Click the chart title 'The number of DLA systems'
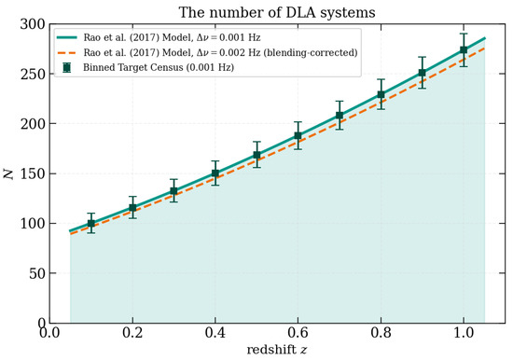click(x=277, y=13)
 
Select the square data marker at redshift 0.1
click(x=91, y=224)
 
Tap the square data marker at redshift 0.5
click(x=256, y=155)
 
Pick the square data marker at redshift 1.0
click(x=464, y=50)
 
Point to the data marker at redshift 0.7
click(x=340, y=116)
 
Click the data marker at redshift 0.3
click(x=174, y=191)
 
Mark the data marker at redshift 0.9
click(x=423, y=73)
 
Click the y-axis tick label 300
click(x=33, y=24)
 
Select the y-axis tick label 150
click(x=33, y=173)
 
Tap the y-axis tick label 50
click(x=37, y=273)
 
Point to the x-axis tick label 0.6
click(x=298, y=333)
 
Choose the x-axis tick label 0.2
click(x=132, y=333)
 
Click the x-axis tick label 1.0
click(x=464, y=333)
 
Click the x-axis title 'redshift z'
click(x=277, y=350)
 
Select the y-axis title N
click(x=9, y=173)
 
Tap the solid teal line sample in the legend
click(x=67, y=37)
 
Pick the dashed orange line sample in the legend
click(x=67, y=52)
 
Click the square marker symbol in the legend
click(x=67, y=68)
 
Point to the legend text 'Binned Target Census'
click(x=132, y=67)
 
